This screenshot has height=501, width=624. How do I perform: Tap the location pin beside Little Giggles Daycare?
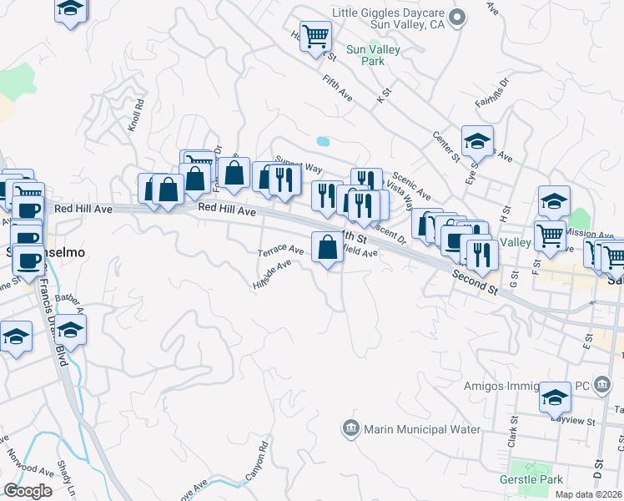[456, 18]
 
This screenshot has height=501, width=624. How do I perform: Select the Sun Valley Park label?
[373, 55]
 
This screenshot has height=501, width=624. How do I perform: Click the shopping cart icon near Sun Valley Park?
[315, 36]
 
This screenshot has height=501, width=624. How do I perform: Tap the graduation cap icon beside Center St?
[477, 141]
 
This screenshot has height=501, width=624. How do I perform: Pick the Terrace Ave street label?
[280, 250]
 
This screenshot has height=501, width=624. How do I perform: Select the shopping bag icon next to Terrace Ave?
[327, 246]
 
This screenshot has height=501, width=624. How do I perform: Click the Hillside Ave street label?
[272, 274]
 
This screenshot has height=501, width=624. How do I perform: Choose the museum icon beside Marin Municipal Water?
[350, 429]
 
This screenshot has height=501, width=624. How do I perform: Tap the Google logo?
[28, 491]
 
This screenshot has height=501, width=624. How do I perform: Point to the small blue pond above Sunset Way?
[322, 140]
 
